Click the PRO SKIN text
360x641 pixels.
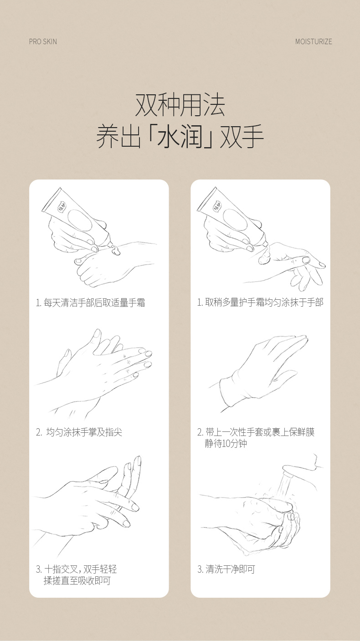pyautogui.click(x=43, y=41)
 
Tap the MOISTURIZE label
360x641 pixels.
pyautogui.click(x=314, y=41)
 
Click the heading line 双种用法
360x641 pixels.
pyautogui.click(x=180, y=105)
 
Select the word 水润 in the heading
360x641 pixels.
pyautogui.click(x=180, y=136)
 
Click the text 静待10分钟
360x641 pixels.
pyautogui.click(x=226, y=443)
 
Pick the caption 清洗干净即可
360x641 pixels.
pyautogui.click(x=226, y=569)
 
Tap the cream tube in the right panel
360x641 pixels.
pyautogui.click(x=232, y=217)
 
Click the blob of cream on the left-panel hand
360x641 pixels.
pyautogui.click(x=115, y=251)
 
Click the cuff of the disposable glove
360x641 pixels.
pyautogui.click(x=229, y=390)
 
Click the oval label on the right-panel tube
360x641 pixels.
pyautogui.click(x=235, y=220)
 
